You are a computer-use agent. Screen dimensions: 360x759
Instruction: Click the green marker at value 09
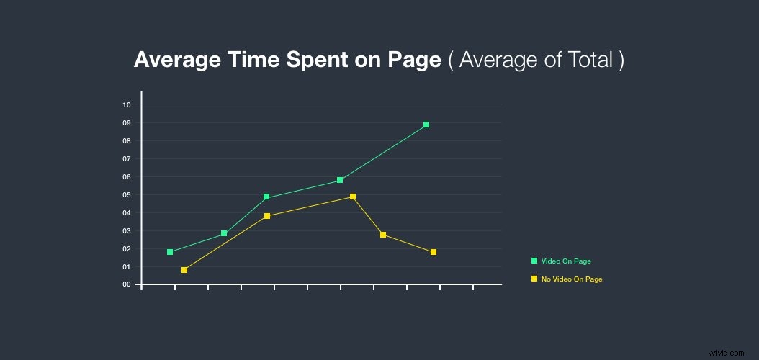pos(426,125)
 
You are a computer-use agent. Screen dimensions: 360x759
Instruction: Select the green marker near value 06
pos(340,180)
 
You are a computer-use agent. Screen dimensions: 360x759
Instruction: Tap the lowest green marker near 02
pos(170,252)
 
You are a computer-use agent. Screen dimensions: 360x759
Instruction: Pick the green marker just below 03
pos(224,233)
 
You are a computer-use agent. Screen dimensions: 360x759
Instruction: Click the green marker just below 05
pos(266,197)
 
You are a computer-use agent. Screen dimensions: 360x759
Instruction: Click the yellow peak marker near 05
pos(353,197)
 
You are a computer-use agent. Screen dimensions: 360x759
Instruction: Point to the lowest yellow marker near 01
pos(184,270)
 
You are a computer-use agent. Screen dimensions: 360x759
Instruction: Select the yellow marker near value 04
pos(267,216)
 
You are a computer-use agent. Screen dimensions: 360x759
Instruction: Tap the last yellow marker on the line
pos(434,252)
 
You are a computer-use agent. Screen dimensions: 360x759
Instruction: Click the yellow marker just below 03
pos(383,235)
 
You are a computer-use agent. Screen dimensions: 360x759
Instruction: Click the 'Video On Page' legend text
pos(566,261)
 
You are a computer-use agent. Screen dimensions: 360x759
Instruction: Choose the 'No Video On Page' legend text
pos(572,279)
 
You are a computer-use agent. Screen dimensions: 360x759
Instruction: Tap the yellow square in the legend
pos(534,279)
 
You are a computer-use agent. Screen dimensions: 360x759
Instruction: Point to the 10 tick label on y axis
pos(127,104)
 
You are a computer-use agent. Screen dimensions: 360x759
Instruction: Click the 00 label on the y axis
pos(127,284)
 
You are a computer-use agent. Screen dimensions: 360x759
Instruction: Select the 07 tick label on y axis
pos(127,158)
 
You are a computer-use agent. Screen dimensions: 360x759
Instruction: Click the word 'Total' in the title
pos(588,60)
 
